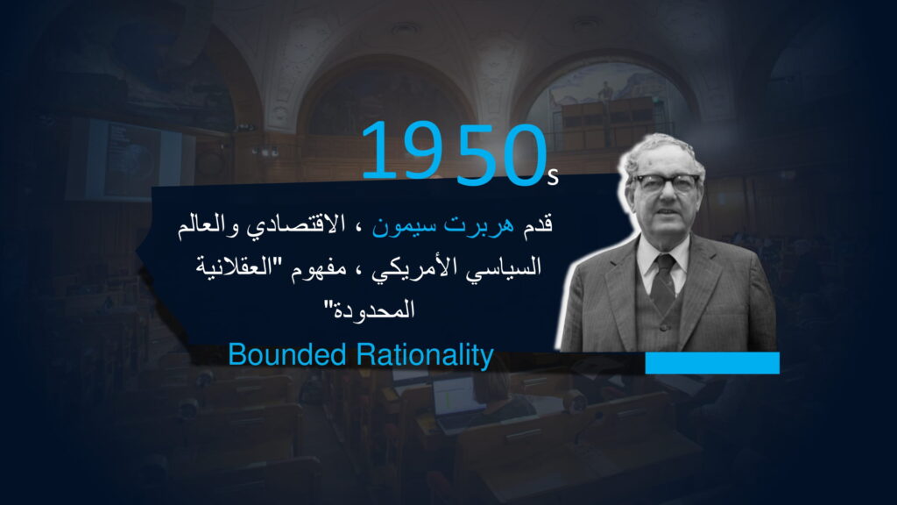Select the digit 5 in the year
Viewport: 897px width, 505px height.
(x=476, y=154)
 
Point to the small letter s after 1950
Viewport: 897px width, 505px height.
(x=552, y=177)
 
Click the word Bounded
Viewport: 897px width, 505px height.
(x=287, y=355)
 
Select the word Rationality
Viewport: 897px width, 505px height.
(x=425, y=356)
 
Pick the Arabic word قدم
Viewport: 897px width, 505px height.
(x=537, y=224)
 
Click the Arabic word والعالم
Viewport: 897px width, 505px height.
(x=208, y=224)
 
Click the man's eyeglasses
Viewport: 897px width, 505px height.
(x=667, y=183)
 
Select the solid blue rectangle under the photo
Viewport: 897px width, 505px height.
(x=712, y=363)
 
